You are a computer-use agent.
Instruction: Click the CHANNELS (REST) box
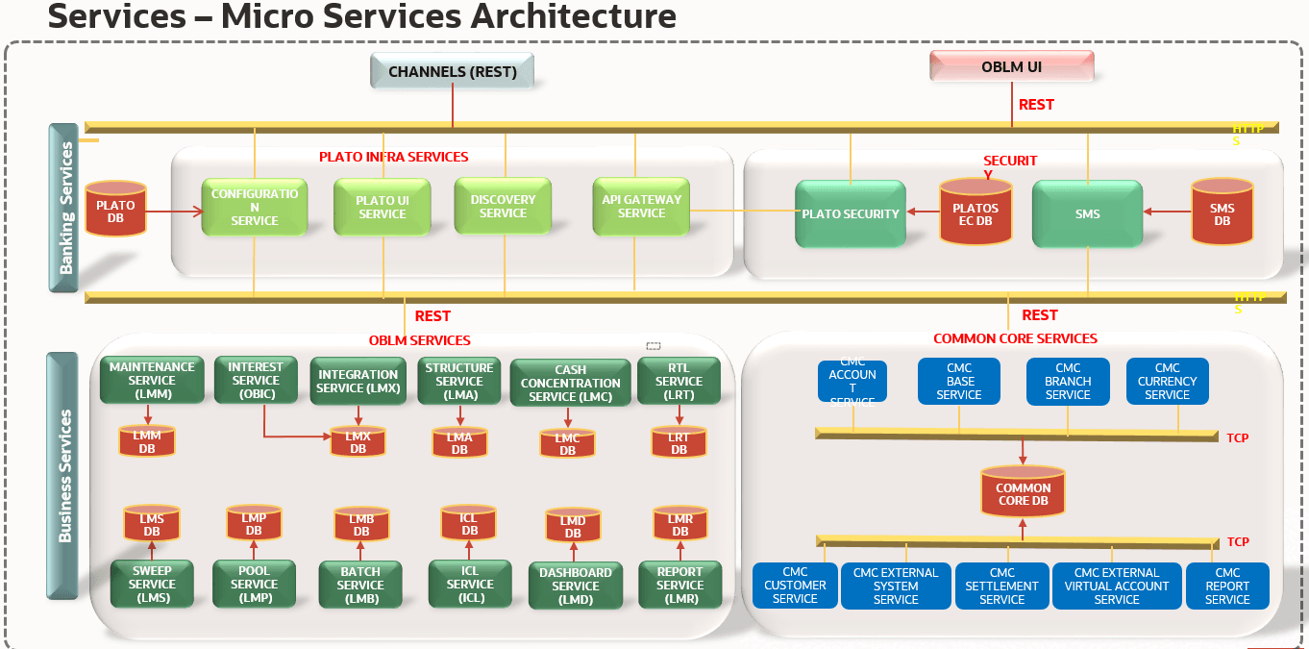(452, 71)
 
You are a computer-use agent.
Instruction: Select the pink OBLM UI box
(1011, 67)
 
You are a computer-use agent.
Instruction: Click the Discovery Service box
(503, 206)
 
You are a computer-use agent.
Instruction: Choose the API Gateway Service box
(641, 206)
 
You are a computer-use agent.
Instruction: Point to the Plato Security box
(851, 213)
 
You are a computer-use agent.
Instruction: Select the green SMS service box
(1087, 213)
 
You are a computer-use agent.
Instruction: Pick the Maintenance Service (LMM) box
(151, 380)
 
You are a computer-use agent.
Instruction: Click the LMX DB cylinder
(358, 442)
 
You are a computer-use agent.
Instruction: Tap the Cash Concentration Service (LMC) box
(571, 383)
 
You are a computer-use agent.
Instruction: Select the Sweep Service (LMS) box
(152, 584)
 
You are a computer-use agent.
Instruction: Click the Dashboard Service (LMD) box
(576, 586)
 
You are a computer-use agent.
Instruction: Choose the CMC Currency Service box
(1167, 381)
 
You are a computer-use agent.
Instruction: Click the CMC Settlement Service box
(1001, 586)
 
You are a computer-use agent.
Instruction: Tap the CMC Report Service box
(1227, 586)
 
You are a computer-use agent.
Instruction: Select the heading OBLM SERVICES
(420, 340)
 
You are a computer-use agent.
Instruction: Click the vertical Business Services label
(64, 476)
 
